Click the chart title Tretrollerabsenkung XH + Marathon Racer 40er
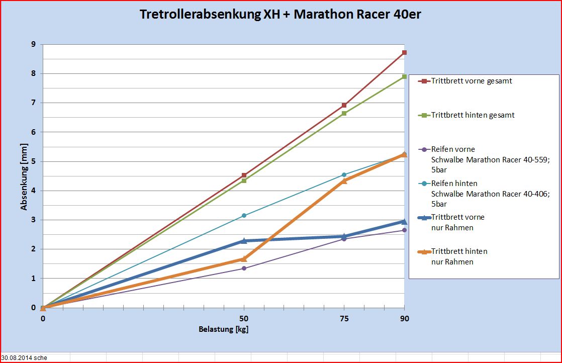(x=280, y=15)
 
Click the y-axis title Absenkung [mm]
(x=24, y=176)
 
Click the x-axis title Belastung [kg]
(x=223, y=330)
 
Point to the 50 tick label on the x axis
(x=244, y=318)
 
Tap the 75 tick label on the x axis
(x=344, y=318)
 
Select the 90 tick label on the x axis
(x=404, y=318)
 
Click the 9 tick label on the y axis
(x=33, y=44)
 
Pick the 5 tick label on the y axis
(x=33, y=161)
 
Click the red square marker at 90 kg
(x=404, y=53)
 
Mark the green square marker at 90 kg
(x=404, y=76)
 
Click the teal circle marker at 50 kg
(x=244, y=216)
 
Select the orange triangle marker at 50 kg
(x=244, y=259)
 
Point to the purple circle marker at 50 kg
(x=244, y=268)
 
